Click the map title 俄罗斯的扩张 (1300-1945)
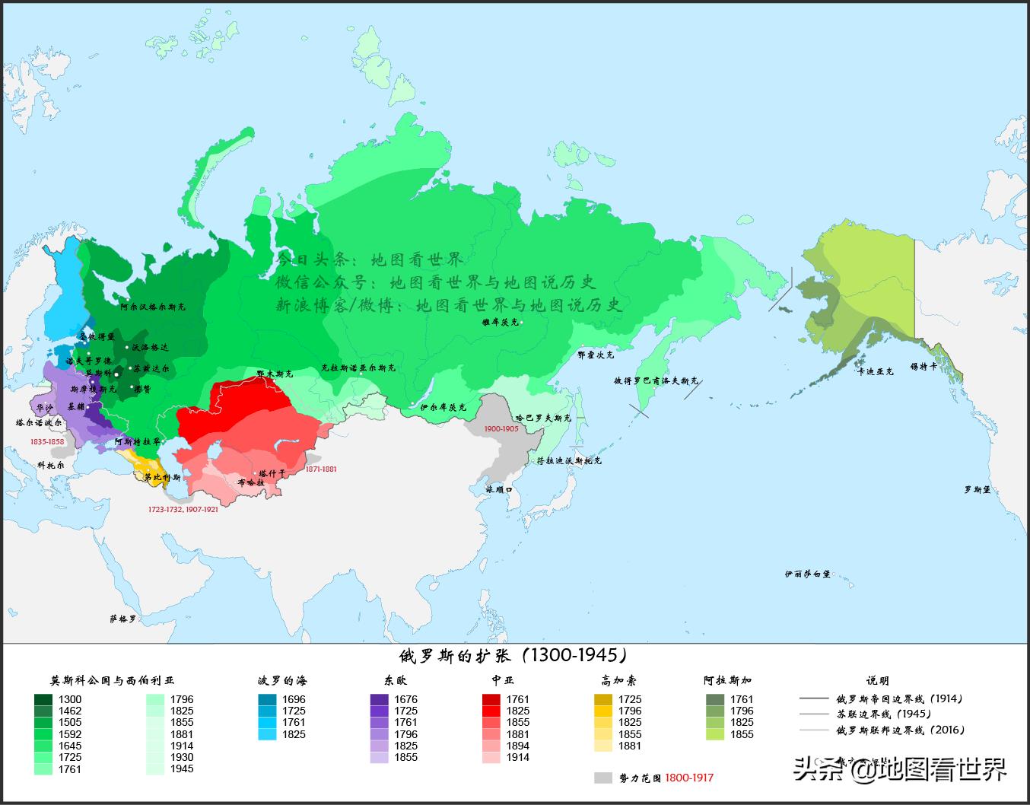514,656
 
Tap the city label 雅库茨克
500,322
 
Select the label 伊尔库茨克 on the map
442,408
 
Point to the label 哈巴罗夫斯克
543,418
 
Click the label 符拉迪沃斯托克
568,460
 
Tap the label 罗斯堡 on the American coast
978,490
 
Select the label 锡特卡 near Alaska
924,367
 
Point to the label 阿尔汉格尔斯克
152,307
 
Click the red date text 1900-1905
501,429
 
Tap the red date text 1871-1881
320,469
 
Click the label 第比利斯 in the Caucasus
162,478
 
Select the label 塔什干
272,473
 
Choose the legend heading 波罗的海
282,680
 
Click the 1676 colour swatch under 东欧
379,699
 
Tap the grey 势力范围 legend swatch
603,778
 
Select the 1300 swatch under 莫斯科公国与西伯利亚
43,699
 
